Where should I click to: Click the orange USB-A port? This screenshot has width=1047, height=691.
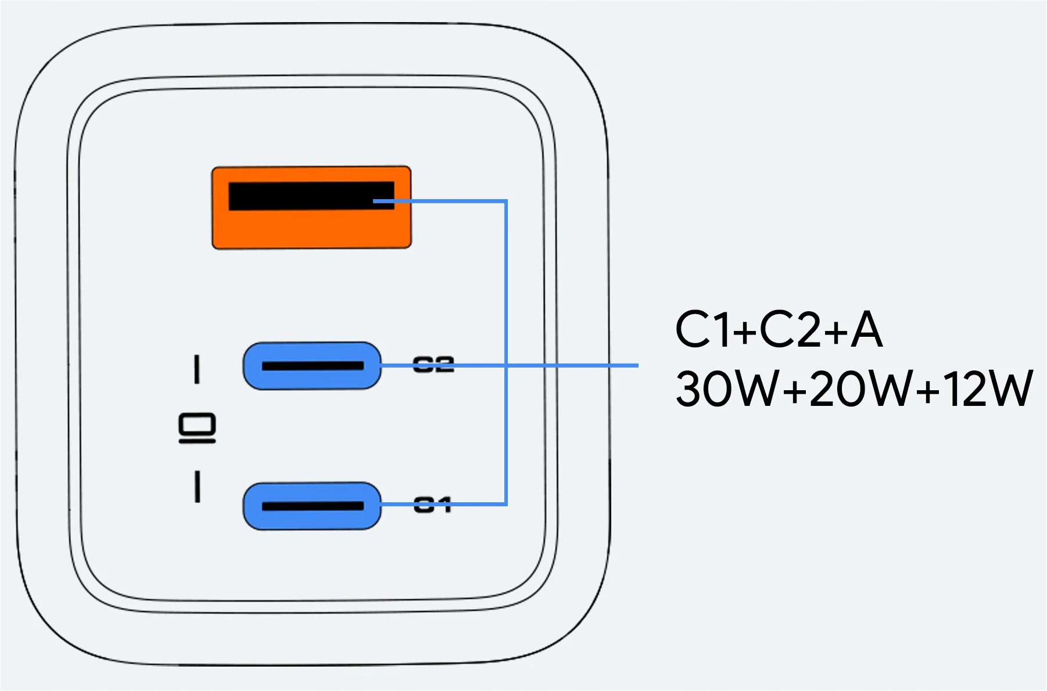pyautogui.click(x=311, y=229)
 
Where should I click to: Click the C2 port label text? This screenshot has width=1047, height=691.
pyautogui.click(x=433, y=365)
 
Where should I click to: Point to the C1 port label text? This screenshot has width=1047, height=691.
pyautogui.click(x=432, y=505)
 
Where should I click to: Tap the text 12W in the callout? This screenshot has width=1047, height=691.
pyautogui.click(x=988, y=388)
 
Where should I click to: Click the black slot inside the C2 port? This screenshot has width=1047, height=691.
pyautogui.click(x=313, y=366)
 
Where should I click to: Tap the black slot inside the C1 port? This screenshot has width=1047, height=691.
pyautogui.click(x=313, y=506)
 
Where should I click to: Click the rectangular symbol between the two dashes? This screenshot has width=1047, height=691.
pyautogui.click(x=197, y=428)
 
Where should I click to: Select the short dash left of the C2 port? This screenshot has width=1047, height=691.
pyautogui.click(x=197, y=369)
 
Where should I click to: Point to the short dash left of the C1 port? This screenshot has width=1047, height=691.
pyautogui.click(x=198, y=487)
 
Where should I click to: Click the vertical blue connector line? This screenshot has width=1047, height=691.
pyautogui.click(x=506, y=290)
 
